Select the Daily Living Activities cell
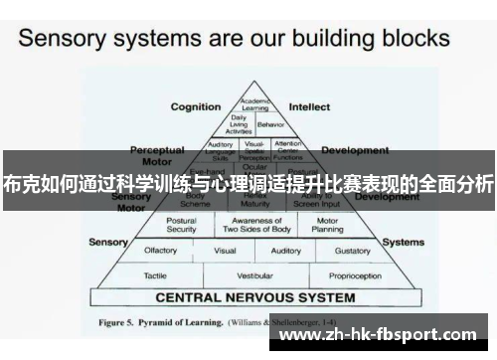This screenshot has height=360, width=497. coord(240,124)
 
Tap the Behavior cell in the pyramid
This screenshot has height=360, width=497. coord(270,124)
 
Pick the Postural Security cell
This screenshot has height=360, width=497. coord(182,225)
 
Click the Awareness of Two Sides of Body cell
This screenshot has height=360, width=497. coord(250,225)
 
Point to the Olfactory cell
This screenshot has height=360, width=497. coord(161,251)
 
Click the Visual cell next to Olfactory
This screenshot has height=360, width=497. coord(225,251)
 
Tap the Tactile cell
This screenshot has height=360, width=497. coord(155,273)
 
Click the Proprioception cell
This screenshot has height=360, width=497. coord(354,273)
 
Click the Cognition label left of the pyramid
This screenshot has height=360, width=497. coord(196,106)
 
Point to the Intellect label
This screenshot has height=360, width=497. coord(309,106)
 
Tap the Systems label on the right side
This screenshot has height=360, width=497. coord(404,242)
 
